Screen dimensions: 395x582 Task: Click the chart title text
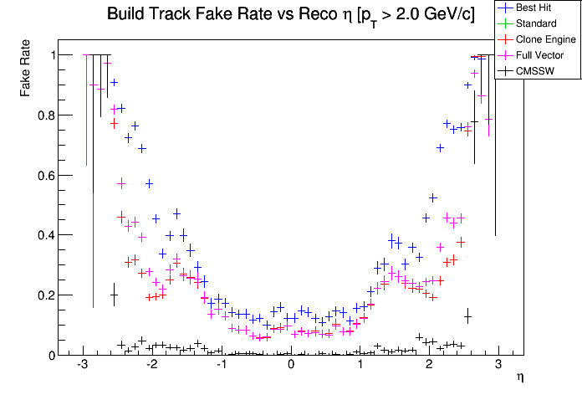[x=290, y=15]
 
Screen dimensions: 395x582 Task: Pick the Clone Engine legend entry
[x=546, y=38]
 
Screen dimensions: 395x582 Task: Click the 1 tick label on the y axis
[x=51, y=55]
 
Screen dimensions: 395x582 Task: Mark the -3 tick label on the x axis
[x=83, y=367]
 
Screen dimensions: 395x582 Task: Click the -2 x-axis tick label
[x=152, y=367]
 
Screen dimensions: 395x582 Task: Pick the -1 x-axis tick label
[x=222, y=367]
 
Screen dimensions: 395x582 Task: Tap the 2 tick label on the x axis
[x=429, y=367]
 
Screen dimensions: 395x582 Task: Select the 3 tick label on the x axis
[x=498, y=367]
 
